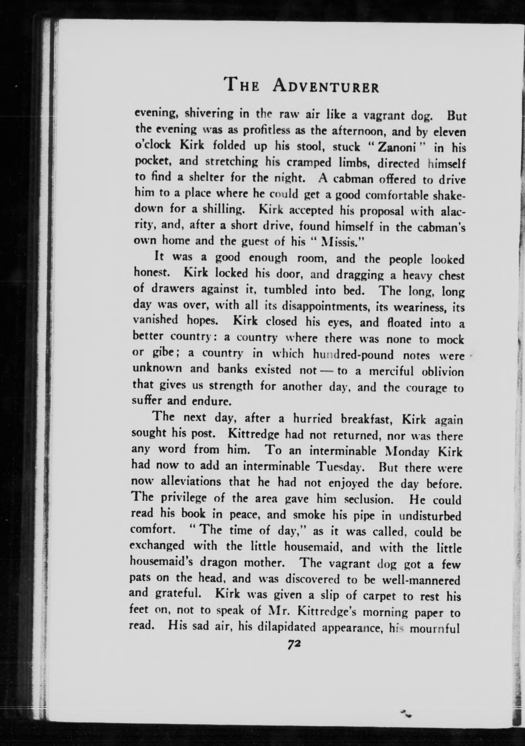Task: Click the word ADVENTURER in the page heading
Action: coord(326,87)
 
